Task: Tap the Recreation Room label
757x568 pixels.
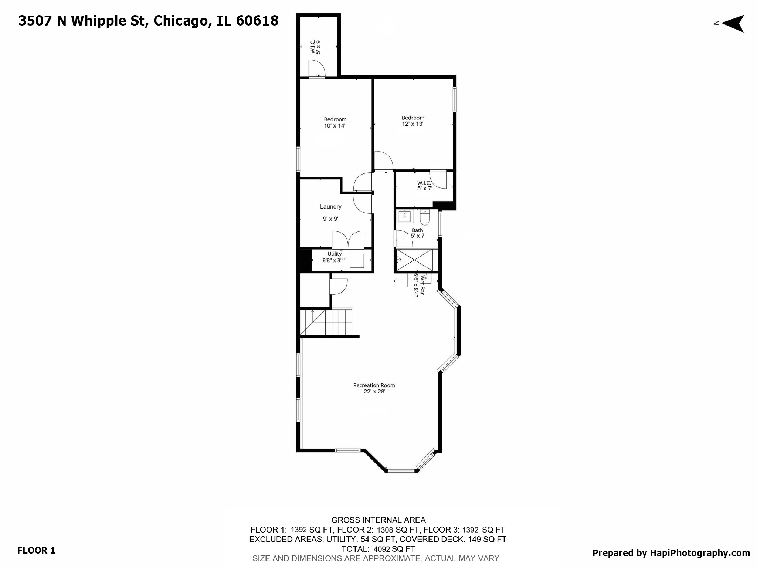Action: (x=374, y=388)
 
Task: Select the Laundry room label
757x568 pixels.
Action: (x=330, y=207)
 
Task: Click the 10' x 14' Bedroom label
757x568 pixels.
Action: (x=335, y=122)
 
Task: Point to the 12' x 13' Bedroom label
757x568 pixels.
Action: (x=413, y=121)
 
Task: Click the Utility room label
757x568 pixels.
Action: (x=335, y=257)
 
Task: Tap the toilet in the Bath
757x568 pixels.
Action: (x=425, y=217)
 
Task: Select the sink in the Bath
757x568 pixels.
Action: (x=405, y=216)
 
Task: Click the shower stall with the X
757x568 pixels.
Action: (x=414, y=260)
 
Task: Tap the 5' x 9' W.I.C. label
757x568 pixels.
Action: (x=315, y=47)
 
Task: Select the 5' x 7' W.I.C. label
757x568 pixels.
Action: (x=424, y=186)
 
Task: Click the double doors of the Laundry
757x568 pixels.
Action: (x=348, y=239)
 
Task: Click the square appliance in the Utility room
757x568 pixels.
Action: (x=357, y=261)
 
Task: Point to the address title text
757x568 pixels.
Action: (x=148, y=21)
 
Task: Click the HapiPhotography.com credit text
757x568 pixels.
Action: (x=671, y=553)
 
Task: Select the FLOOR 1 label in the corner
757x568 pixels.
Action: (x=36, y=550)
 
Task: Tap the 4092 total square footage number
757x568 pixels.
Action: (x=382, y=549)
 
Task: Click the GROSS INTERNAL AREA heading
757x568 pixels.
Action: (x=378, y=520)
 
